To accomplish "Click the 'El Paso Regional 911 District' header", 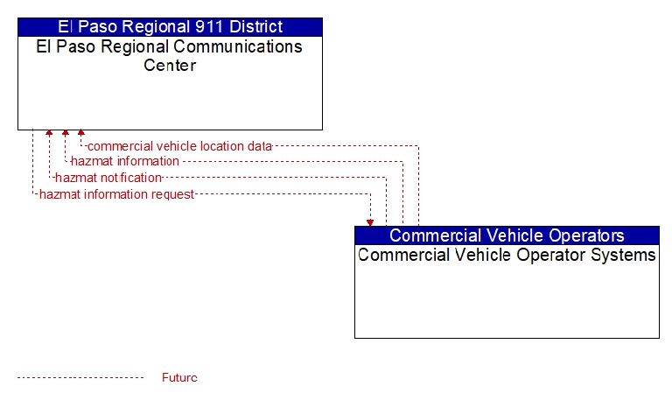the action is point(170,27).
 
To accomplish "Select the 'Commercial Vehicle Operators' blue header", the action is point(507,235).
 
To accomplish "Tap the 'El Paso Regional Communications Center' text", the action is point(170,56).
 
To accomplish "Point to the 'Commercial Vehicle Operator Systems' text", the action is point(507,255).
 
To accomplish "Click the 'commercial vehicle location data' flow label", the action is point(179,146).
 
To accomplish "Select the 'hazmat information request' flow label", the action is point(116,194).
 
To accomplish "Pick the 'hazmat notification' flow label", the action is point(108,178).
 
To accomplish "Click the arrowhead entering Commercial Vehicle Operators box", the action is point(370,223).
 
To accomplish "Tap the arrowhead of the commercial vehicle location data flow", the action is point(81,133).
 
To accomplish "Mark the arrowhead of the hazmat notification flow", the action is point(49,133).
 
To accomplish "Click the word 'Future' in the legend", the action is point(179,378).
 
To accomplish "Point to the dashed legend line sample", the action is point(80,378).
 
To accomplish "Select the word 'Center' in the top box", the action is point(170,65).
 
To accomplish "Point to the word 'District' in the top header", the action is point(255,27).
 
